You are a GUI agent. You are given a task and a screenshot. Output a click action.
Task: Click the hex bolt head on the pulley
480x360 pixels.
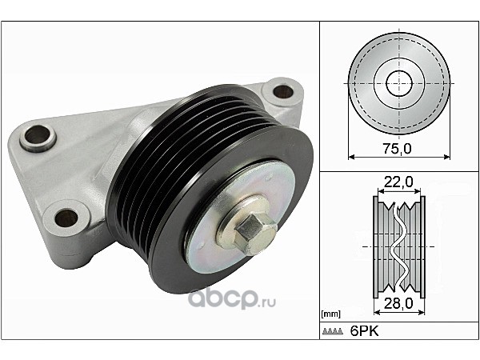250,230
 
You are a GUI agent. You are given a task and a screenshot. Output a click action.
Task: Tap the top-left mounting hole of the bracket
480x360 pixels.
38,134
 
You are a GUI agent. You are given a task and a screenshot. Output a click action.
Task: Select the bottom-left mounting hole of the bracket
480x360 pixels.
66,218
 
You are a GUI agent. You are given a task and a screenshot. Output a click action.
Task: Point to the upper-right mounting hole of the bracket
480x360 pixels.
283,91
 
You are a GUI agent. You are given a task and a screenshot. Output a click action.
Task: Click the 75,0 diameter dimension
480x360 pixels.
397,149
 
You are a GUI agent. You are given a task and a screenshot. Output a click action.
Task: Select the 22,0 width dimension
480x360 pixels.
398,182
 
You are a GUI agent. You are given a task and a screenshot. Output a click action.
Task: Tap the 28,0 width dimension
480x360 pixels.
398,303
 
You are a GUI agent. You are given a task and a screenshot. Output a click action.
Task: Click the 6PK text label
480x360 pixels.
364,331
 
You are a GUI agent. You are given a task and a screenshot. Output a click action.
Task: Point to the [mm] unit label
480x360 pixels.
331,314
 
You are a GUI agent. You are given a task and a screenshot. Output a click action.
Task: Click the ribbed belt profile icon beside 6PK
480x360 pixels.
333,331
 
